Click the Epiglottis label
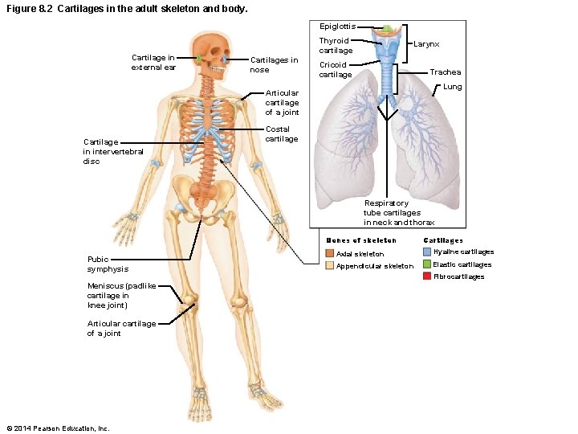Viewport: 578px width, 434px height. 337,27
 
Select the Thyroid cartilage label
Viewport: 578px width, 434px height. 335,45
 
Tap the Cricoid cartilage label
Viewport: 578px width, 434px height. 335,69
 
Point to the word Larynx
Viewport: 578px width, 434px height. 425,45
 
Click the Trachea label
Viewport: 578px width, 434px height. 445,72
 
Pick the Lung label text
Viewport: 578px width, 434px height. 452,86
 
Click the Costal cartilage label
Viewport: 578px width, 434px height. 281,133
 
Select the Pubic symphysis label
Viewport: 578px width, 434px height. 108,264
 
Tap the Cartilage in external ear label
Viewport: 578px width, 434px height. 153,62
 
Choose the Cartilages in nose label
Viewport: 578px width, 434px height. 274,64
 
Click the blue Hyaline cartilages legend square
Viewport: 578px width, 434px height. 427,252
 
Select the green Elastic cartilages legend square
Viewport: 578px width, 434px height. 427,264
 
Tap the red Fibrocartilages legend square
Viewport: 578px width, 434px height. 427,276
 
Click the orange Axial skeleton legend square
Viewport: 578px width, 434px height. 329,254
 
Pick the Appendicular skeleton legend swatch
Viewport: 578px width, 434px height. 329,266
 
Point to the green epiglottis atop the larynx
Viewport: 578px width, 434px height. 388,29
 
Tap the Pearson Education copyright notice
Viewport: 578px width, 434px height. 57,428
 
